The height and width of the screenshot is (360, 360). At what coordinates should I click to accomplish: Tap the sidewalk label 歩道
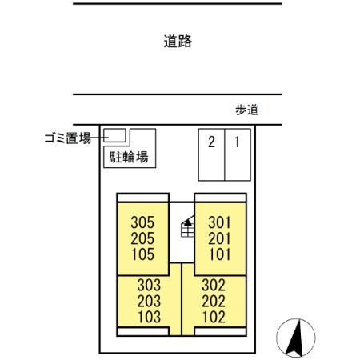(246, 111)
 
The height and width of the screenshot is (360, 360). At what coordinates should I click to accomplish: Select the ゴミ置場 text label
(66, 138)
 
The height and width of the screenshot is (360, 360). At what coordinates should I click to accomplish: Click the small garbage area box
(116, 134)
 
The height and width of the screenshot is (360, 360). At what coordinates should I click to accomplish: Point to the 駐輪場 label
(129, 156)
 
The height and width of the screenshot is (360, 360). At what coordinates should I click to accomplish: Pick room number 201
(220, 238)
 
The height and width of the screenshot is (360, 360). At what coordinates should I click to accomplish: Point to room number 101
(220, 254)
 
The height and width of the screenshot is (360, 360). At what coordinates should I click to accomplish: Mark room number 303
(149, 285)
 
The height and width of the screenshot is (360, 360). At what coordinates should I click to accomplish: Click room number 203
(149, 301)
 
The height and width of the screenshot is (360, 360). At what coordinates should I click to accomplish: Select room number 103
(149, 317)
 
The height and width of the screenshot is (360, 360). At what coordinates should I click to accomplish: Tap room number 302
(213, 285)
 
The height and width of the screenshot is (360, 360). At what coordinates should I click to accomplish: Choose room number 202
(213, 301)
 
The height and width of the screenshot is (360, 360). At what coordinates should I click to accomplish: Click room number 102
(213, 317)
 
